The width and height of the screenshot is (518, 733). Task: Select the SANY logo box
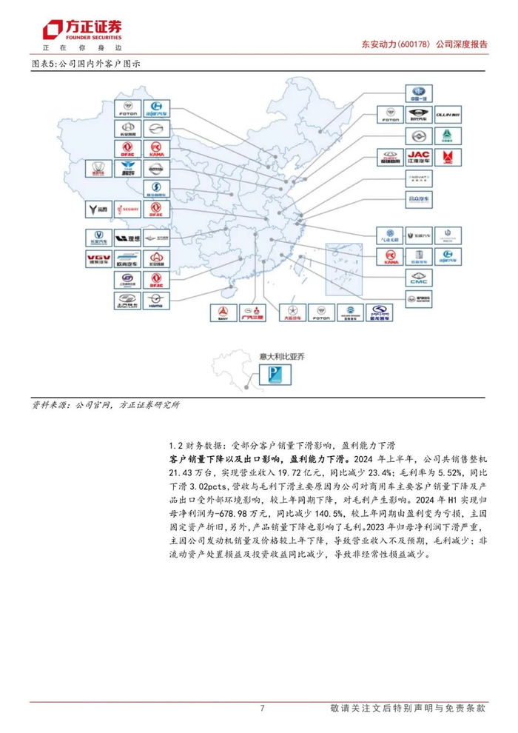[221, 312]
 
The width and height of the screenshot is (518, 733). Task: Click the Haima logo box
[156, 300]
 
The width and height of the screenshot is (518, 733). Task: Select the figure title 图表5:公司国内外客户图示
[87, 64]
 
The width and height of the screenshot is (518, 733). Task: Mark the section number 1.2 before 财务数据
[175, 445]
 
